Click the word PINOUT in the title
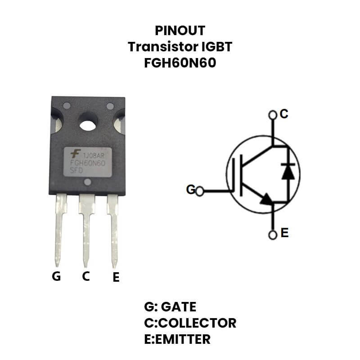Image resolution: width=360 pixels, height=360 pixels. pos(180,31)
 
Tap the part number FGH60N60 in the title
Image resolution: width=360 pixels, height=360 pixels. pos(180,63)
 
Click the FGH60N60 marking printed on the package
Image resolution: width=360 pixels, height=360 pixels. pos(87,163)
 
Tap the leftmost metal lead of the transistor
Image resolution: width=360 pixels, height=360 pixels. pos(60,229)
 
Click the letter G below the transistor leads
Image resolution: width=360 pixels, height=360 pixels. pos(56,276)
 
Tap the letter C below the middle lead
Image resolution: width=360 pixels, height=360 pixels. pos(86,276)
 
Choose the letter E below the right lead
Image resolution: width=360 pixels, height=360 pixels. pos(116,278)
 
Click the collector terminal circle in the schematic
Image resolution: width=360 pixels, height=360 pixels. pos(272,116)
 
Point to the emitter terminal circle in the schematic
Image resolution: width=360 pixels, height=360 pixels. pos(272,234)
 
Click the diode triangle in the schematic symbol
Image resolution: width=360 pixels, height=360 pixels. pos(288,172)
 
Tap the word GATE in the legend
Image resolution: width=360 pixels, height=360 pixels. pos(179,307)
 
